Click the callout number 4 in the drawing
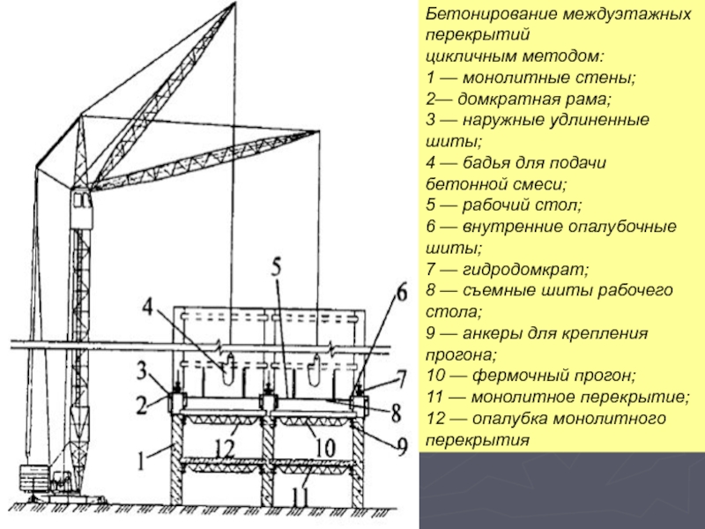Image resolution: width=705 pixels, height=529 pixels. pyautogui.click(x=149, y=309)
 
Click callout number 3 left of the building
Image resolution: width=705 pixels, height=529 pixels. pyautogui.click(x=141, y=367)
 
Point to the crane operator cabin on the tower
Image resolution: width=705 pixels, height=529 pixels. pyautogui.click(x=83, y=206)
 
